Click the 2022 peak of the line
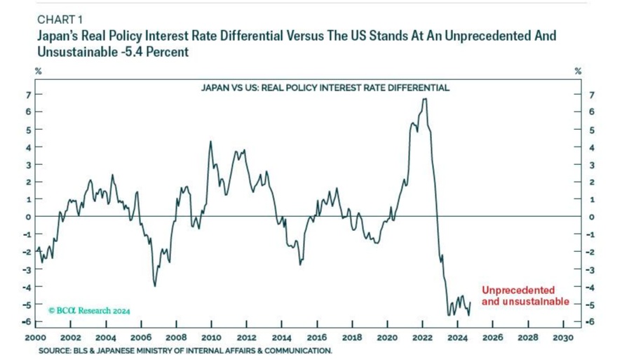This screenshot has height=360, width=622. pyautogui.click(x=424, y=100)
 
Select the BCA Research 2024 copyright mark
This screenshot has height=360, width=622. pyautogui.click(x=90, y=309)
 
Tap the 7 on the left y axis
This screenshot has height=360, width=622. pyautogui.click(x=28, y=95)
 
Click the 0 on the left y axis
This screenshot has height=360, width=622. pyautogui.click(x=28, y=217)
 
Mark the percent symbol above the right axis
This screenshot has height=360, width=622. pyautogui.click(x=578, y=71)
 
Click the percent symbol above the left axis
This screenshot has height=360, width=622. pyautogui.click(x=39, y=71)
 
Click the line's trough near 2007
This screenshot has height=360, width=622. pyautogui.click(x=155, y=285)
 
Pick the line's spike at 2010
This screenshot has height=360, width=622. pyautogui.click(x=210, y=142)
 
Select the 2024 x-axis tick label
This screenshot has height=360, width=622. pyautogui.click(x=457, y=338)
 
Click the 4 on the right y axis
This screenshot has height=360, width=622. pyautogui.click(x=574, y=147)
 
